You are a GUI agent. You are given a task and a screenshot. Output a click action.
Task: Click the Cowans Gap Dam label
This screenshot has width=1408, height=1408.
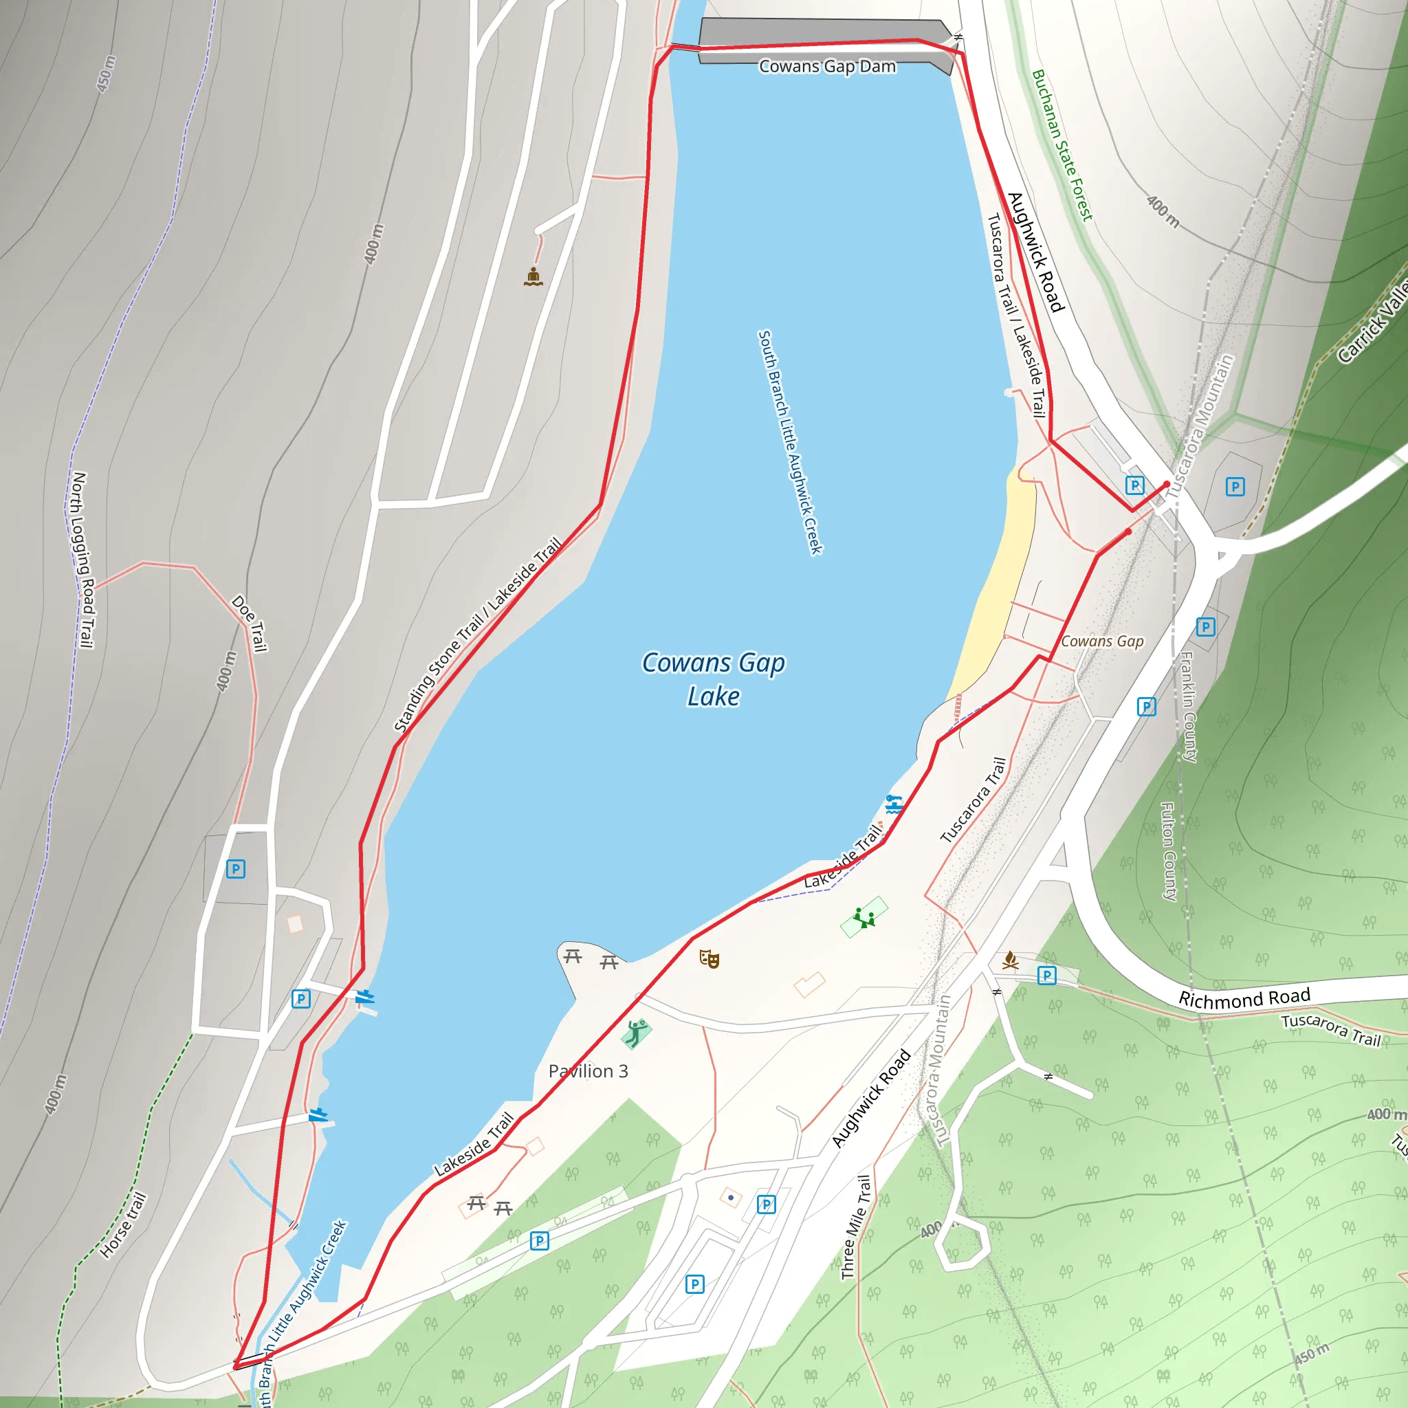827,66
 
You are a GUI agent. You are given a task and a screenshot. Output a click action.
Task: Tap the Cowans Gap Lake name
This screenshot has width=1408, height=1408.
714,679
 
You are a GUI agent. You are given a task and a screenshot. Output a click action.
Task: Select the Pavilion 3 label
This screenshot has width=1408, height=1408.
588,1070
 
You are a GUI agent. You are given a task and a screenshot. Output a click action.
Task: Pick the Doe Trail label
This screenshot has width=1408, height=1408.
250,624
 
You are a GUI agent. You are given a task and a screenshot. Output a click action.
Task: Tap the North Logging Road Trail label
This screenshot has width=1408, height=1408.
83,559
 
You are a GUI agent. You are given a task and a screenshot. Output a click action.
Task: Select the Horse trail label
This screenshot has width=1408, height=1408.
123,1225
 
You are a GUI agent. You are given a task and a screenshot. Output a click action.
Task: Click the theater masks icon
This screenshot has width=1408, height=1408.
709,959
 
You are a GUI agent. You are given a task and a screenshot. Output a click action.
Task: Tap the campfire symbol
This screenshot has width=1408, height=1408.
1010,960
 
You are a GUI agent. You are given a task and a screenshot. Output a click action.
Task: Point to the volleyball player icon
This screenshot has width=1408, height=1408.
636,1032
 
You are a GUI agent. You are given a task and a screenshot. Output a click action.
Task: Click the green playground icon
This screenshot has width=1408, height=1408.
864,917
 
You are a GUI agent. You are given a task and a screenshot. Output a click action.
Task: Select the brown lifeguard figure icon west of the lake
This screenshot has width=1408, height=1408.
533,277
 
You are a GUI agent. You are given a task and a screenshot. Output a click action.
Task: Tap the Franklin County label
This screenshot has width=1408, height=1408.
1189,707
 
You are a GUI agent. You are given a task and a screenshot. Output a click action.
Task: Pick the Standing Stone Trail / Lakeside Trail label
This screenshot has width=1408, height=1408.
478,634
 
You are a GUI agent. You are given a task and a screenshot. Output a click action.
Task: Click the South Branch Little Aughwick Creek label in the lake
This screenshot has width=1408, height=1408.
790,442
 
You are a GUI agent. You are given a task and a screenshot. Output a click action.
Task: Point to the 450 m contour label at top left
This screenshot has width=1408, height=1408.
107,74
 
